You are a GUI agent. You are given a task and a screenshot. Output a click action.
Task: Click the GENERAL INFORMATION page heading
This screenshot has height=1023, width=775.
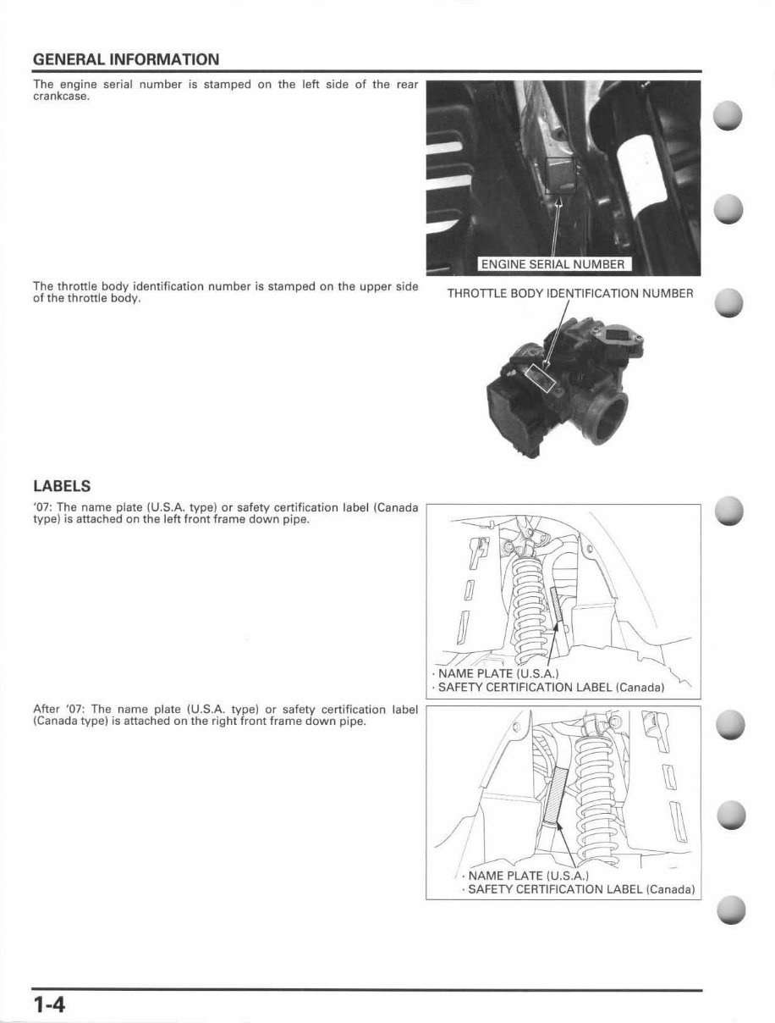coord(126,59)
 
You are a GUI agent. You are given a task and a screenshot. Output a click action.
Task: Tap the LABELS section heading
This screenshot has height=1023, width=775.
coord(61,487)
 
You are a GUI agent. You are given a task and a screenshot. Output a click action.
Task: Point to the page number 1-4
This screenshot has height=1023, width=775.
coord(51,1004)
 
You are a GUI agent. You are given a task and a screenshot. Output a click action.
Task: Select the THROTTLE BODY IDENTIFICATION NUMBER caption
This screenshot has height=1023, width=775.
coord(570,294)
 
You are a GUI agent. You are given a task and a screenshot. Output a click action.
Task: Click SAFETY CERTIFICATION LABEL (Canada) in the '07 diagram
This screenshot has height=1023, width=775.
coord(551,687)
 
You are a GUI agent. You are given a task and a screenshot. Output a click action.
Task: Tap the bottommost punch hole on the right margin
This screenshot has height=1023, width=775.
coord(729,910)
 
